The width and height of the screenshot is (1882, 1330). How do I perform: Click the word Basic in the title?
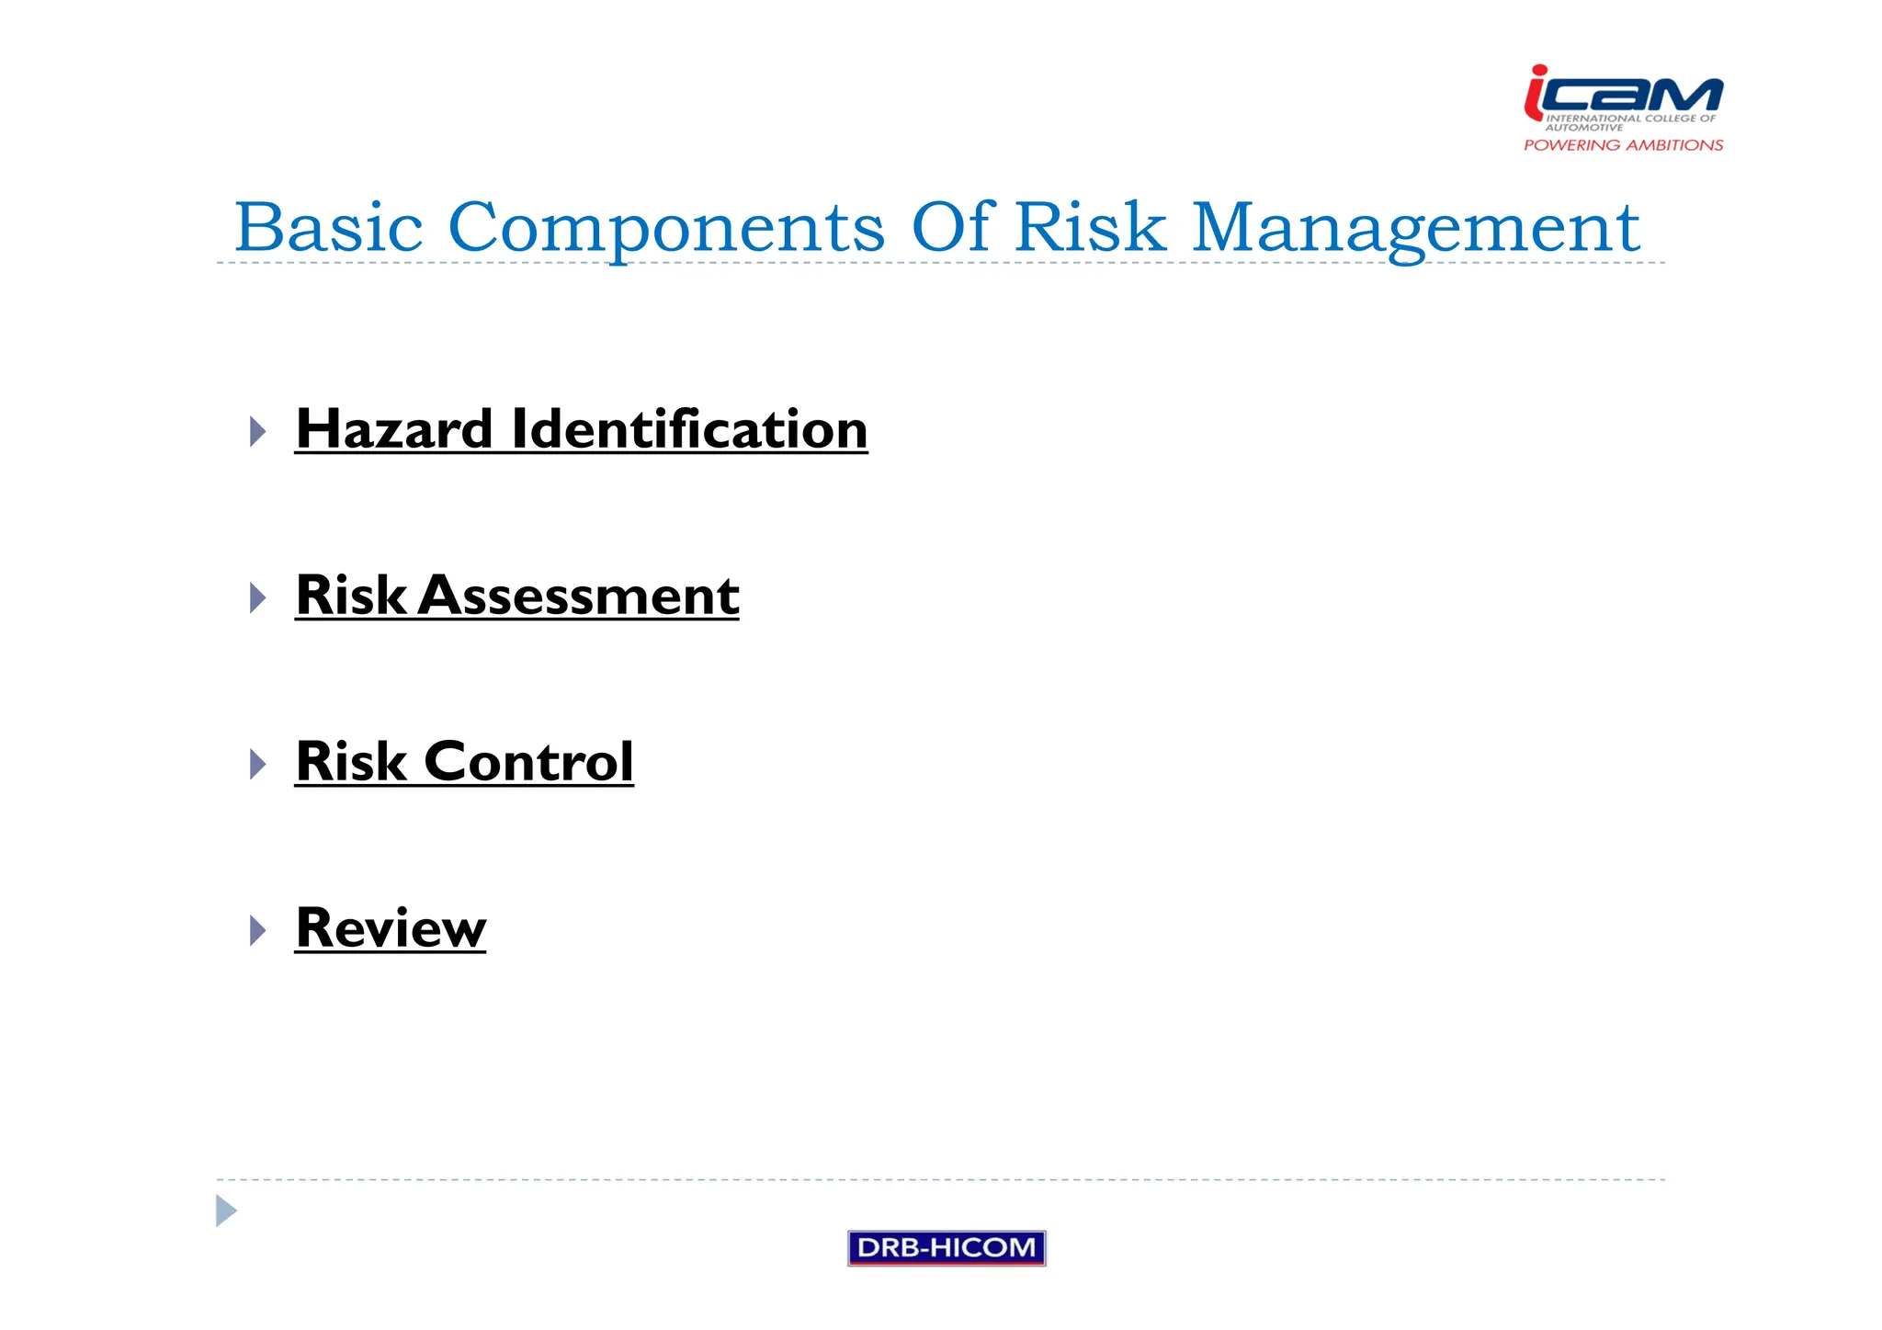pyautogui.click(x=328, y=227)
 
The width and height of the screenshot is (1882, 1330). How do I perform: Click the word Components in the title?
pyautogui.click(x=666, y=227)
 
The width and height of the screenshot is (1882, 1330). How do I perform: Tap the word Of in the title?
pyautogui.click(x=953, y=227)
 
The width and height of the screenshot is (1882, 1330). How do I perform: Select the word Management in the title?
pyautogui.click(x=1415, y=227)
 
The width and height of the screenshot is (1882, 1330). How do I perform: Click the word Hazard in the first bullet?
pyautogui.click(x=394, y=429)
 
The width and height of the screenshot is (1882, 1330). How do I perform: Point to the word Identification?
pyautogui.click(x=689, y=429)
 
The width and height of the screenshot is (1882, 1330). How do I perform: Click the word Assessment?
pyautogui.click(x=579, y=596)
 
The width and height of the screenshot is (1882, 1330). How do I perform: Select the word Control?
pyautogui.click(x=528, y=762)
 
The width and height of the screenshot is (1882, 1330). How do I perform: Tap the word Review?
pyautogui.click(x=391, y=928)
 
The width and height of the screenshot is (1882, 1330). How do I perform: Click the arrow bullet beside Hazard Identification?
pyautogui.click(x=257, y=431)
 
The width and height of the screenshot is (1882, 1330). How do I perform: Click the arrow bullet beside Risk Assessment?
pyautogui.click(x=257, y=597)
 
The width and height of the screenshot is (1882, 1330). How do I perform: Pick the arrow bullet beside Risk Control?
pyautogui.click(x=257, y=764)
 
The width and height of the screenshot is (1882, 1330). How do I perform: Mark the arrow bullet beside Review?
pyautogui.click(x=257, y=930)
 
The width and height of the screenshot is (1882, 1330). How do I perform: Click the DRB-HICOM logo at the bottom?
pyautogui.click(x=947, y=1248)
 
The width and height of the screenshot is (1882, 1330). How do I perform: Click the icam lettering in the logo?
pyautogui.click(x=1624, y=92)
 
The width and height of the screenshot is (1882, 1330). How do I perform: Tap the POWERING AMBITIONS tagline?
pyautogui.click(x=1624, y=145)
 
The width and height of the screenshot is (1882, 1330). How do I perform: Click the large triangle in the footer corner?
pyautogui.click(x=225, y=1211)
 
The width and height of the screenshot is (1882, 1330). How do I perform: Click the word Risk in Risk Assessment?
pyautogui.click(x=351, y=596)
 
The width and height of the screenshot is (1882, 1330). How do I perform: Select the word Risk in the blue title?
pyautogui.click(x=1091, y=227)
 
